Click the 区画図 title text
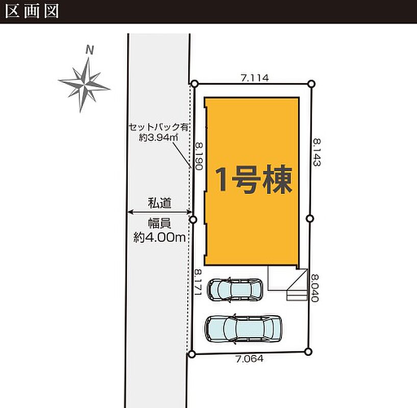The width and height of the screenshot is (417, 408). point(32,12)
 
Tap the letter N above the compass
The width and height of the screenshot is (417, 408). point(90,50)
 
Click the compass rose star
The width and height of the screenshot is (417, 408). point(84,85)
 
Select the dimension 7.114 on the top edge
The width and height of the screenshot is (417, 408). point(255,78)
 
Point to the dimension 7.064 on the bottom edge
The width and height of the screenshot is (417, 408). point(250,359)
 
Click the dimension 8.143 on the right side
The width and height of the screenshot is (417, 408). point(317,152)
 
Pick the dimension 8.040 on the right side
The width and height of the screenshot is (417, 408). point(314,288)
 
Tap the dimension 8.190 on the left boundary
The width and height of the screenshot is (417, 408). point(199,156)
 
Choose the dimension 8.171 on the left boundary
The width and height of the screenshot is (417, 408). point(199,283)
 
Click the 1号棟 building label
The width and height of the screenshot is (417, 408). point(254,180)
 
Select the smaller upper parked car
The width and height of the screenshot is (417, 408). point(235,290)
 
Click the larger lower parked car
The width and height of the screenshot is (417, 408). point(243,328)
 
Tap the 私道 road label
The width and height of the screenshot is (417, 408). point(160,203)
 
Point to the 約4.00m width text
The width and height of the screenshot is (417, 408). point(159,237)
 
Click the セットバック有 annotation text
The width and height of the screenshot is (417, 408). point(159,127)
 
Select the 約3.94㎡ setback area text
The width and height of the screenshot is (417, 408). point(159,137)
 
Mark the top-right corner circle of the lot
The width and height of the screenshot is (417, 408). point(311,84)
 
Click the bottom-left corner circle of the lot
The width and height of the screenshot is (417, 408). point(192,354)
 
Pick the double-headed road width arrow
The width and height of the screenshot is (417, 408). point(160,212)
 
